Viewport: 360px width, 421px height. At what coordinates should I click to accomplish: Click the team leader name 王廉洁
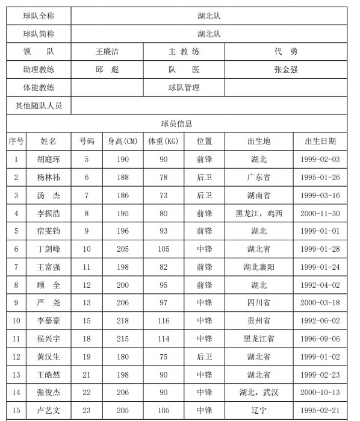[x=107, y=52]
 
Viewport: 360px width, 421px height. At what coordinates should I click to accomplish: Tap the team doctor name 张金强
[x=285, y=70]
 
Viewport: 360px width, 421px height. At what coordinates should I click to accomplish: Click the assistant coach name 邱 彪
[x=107, y=70]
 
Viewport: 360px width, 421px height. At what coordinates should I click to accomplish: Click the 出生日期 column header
[x=320, y=142]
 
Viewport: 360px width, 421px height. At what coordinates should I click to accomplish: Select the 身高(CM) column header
[x=123, y=142]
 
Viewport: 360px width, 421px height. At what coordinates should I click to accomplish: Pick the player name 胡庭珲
[x=48, y=160]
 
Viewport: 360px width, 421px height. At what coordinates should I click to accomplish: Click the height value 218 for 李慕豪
[x=123, y=321]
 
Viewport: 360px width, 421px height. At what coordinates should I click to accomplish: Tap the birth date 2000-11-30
[x=320, y=213]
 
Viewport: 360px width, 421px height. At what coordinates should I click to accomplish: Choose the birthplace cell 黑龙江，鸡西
[x=259, y=213]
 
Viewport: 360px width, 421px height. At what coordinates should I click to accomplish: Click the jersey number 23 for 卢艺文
[x=87, y=411]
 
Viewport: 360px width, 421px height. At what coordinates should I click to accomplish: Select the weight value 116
[x=163, y=321]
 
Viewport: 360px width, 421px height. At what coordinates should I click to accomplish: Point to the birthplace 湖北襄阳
[x=259, y=267]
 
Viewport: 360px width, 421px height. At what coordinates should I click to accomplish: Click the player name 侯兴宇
[x=48, y=339]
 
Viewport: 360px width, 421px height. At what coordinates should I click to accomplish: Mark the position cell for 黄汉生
[x=205, y=357]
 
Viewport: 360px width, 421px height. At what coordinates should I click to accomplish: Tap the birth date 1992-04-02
[x=320, y=285]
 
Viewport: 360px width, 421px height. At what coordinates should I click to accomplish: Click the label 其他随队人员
[x=39, y=105]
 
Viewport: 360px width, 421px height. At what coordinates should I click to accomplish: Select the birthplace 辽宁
[x=259, y=411]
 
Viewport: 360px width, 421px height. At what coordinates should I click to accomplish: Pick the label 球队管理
[x=184, y=88]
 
